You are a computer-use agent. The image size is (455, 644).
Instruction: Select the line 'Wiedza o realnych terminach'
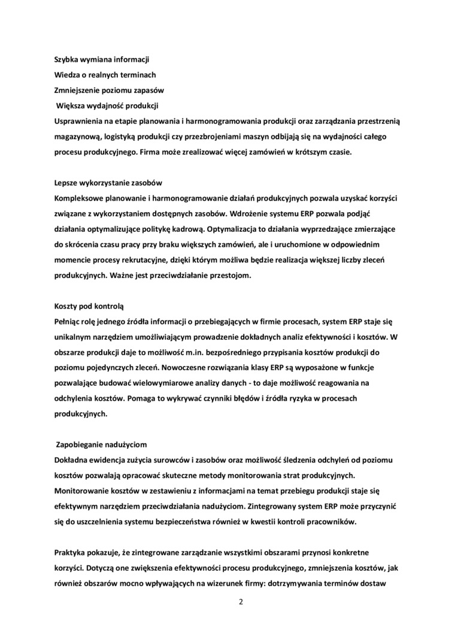pyautogui.click(x=105, y=75)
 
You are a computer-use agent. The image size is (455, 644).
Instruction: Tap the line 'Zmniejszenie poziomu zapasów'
pyautogui.click(x=109, y=90)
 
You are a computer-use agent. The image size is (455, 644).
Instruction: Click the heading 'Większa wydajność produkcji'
pyautogui.click(x=107, y=106)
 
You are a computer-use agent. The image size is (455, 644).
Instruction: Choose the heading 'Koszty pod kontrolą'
pyautogui.click(x=89, y=306)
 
